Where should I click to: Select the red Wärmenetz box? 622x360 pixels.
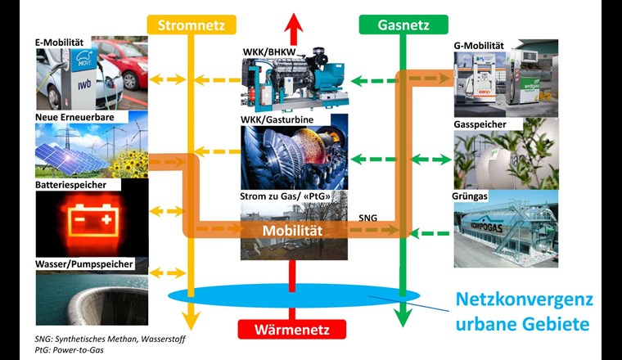click(x=292, y=330)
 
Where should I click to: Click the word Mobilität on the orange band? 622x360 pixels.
click(x=292, y=231)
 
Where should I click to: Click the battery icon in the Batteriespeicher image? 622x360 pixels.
click(x=91, y=220)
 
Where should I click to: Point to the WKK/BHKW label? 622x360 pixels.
click(x=272, y=52)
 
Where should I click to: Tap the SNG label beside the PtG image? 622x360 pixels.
click(x=369, y=218)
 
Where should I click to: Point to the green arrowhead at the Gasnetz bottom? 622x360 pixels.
click(x=401, y=317)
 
